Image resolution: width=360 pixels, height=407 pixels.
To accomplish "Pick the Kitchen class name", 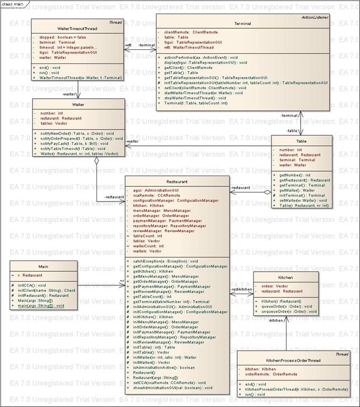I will tap(285, 277).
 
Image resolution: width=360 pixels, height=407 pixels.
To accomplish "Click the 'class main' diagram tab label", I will tap(12, 4).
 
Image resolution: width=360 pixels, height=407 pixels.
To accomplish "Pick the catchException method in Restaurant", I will tap(165, 261).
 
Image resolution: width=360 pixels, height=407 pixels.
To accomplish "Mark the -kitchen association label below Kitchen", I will tap(275, 320).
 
